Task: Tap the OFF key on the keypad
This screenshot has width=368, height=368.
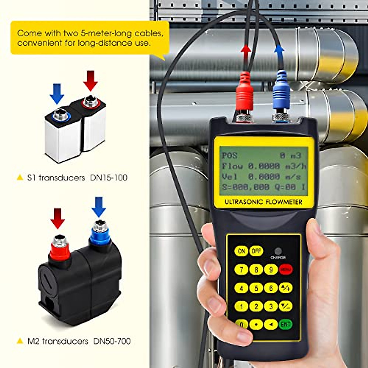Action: coord(256,251)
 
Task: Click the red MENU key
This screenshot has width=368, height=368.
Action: coord(286,270)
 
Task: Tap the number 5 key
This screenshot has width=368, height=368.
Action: coord(256,288)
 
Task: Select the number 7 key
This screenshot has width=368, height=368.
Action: coord(241,270)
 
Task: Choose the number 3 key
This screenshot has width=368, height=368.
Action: coord(271,306)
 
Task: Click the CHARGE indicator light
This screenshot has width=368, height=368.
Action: coord(278,251)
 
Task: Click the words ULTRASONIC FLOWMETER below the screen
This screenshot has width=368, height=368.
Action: coord(263,202)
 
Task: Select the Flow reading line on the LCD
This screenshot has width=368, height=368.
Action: coord(264,166)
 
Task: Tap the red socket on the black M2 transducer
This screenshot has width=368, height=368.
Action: coord(60,248)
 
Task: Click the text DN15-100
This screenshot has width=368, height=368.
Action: coord(109,178)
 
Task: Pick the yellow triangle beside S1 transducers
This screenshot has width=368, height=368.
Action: coord(20,178)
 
